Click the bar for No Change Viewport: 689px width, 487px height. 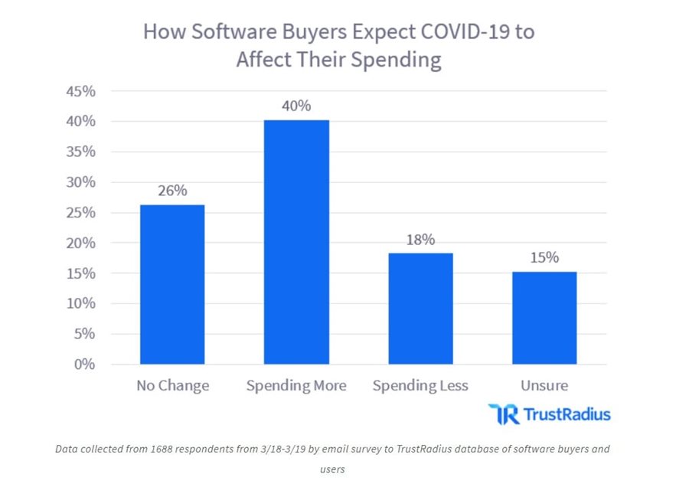pos(172,284)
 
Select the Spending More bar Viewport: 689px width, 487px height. pos(296,242)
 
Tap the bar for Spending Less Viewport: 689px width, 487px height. pos(420,308)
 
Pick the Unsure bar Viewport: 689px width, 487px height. pos(544,318)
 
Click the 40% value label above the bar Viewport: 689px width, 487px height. pos(296,106)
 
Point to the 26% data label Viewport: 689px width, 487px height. pos(172,191)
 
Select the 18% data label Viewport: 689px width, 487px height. pos(420,239)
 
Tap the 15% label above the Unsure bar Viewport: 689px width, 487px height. pos(544,258)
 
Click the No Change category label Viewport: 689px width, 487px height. pos(172,385)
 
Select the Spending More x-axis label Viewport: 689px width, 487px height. pos(296,385)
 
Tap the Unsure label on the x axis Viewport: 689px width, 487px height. pos(544,385)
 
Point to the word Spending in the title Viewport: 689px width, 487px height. pos(399,60)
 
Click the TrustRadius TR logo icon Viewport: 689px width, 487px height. pos(502,414)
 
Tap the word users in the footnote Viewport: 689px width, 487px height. pos(332,467)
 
